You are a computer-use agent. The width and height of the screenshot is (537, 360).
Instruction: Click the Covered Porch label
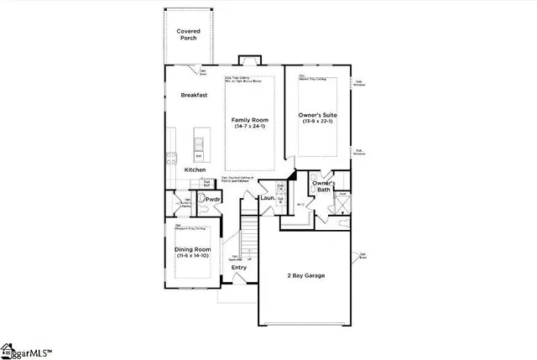click(187, 35)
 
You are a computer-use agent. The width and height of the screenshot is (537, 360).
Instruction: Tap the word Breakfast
click(194, 95)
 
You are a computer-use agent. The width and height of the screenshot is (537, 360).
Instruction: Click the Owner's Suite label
click(319, 114)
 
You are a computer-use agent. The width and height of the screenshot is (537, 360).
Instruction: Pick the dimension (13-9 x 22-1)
click(319, 121)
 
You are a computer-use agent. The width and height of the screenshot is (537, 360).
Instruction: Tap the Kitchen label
click(195, 170)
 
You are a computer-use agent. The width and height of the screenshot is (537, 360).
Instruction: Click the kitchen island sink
click(200, 138)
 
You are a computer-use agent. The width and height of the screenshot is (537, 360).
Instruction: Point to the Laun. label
click(268, 198)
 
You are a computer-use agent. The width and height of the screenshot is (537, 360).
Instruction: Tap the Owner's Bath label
click(323, 186)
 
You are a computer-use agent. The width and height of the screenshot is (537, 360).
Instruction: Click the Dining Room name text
click(193, 249)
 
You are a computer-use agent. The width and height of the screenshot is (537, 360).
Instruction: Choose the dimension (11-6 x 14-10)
click(193, 256)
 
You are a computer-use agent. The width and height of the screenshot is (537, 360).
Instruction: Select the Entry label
click(227, 268)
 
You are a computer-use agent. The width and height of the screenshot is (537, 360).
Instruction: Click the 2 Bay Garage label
click(305, 275)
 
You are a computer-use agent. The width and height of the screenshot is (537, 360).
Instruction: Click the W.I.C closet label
click(300, 202)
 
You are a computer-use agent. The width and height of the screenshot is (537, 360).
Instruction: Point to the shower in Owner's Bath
click(343, 205)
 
